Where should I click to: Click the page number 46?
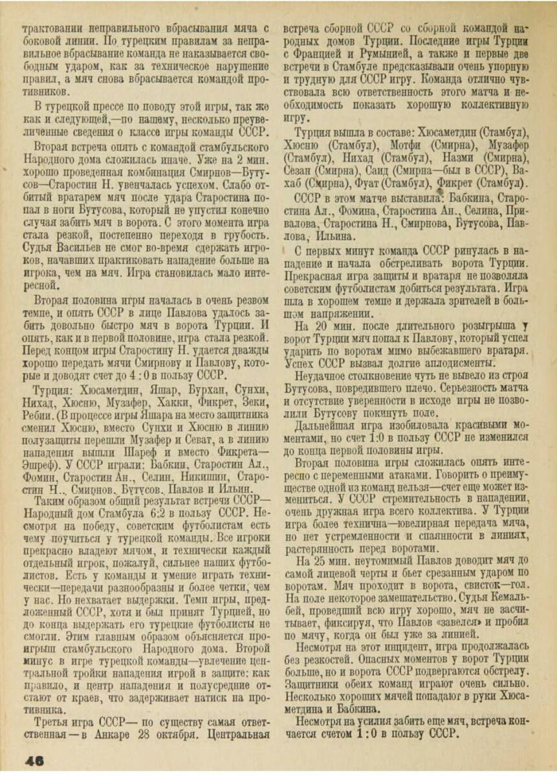[x=33, y=760]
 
